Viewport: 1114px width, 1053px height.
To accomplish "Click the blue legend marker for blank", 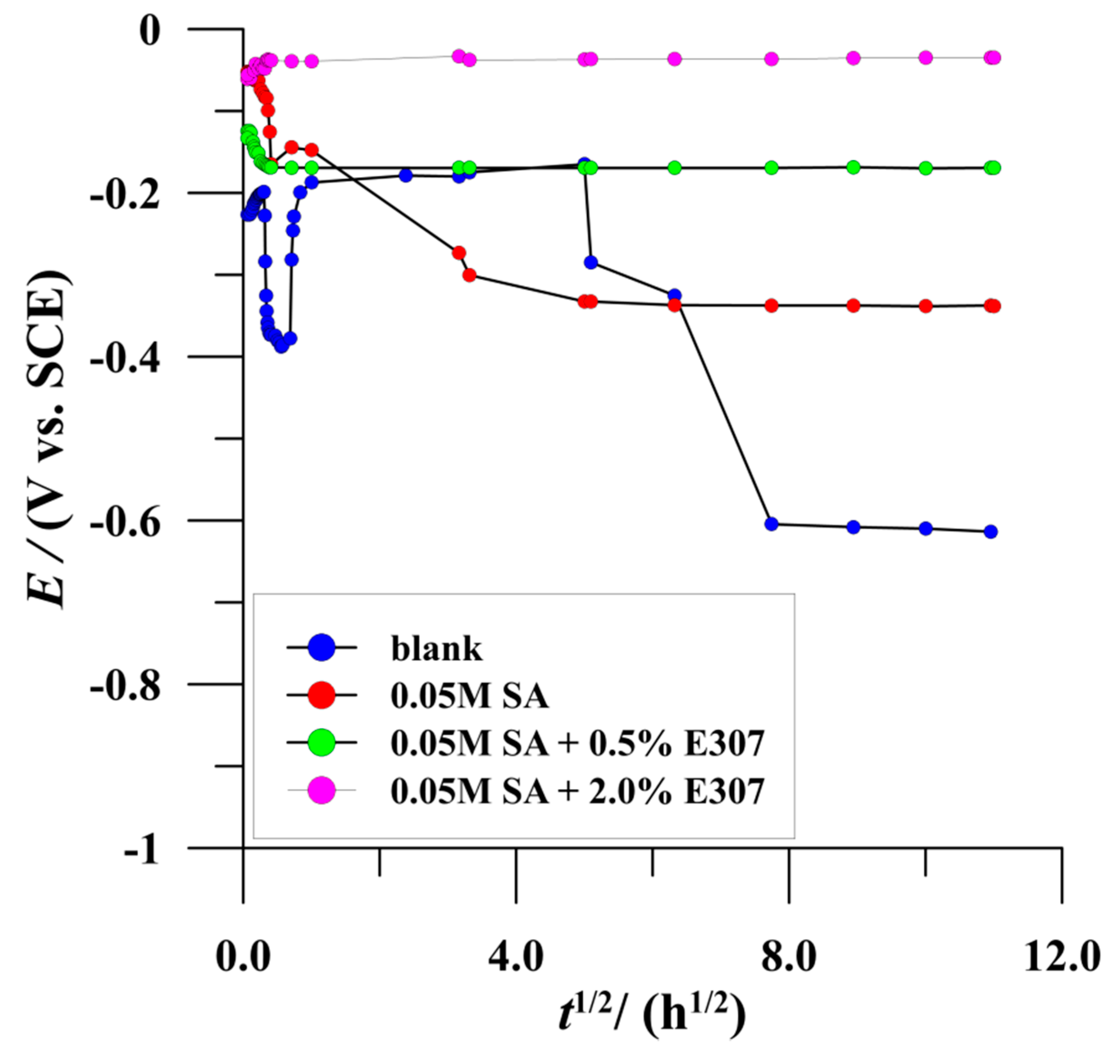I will point(322,647).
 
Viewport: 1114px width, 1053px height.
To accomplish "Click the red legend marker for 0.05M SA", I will point(322,695).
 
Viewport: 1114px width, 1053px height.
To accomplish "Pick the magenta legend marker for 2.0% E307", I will point(322,790).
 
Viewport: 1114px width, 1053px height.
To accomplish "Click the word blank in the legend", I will point(436,649).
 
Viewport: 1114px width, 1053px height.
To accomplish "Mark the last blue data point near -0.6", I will point(990,531).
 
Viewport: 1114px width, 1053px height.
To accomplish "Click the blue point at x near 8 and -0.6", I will point(771,524).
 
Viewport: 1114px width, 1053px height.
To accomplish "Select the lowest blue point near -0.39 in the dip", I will point(281,346).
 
